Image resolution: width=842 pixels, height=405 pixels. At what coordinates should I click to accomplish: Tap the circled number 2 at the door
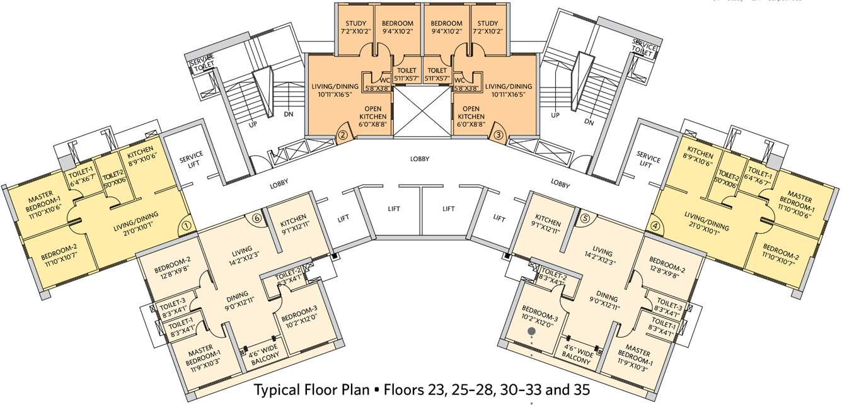pyautogui.click(x=343, y=134)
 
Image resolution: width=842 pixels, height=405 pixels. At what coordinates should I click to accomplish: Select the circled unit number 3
pyautogui.click(x=498, y=134)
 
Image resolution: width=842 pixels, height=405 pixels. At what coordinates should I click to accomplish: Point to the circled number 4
pyautogui.click(x=655, y=224)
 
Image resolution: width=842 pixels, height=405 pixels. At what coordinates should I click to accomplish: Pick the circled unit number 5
pyautogui.click(x=585, y=219)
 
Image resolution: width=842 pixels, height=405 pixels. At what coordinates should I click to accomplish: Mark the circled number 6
pyautogui.click(x=256, y=219)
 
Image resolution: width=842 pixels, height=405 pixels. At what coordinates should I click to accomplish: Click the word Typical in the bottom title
pyautogui.click(x=279, y=391)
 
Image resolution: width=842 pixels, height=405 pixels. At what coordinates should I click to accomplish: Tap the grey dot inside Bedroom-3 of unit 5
pyautogui.click(x=531, y=329)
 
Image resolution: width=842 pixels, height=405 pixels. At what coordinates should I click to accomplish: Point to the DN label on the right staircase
pyautogui.click(x=589, y=123)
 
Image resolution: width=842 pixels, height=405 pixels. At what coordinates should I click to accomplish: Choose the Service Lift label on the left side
pyautogui.click(x=190, y=163)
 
